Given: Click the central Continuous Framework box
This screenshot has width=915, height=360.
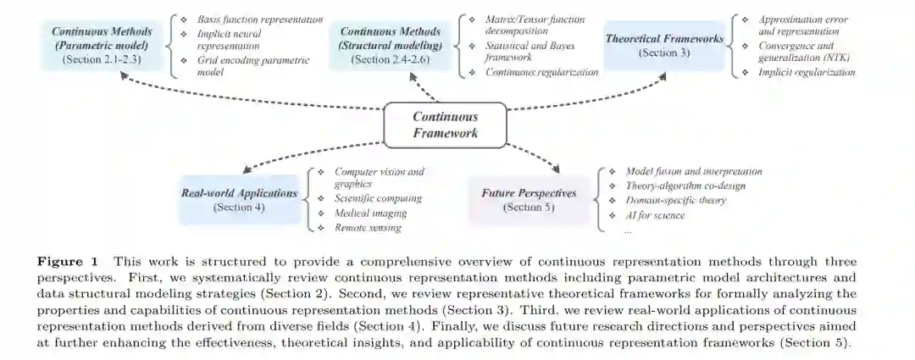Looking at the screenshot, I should pos(445,125).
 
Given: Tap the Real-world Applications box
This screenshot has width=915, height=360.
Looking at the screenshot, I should pos(239,199).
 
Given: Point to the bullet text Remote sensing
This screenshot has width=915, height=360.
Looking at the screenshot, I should pos(367,228).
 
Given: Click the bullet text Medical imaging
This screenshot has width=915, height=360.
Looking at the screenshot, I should pos(370,213).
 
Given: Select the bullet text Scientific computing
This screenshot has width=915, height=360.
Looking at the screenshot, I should pos(378,199).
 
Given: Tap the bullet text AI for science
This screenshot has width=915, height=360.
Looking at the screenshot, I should pos(655,215).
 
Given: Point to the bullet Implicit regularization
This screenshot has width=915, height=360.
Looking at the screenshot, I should pos(807,73).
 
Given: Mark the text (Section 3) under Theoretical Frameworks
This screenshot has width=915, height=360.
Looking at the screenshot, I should pos(664,53).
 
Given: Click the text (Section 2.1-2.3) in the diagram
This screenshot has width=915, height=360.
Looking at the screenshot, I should pos(98,60).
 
